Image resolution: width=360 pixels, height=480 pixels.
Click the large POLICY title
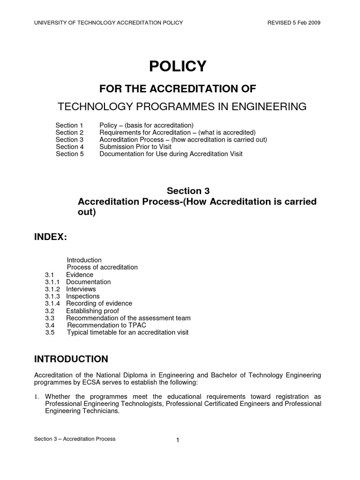(178, 67)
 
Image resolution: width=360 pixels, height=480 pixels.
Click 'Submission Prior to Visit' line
(135, 147)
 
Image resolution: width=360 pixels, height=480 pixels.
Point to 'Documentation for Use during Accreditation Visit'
(171, 154)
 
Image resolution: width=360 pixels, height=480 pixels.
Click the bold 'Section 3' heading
(188, 191)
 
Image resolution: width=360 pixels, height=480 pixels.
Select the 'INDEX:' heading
(51, 238)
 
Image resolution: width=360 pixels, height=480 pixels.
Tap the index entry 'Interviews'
(81, 289)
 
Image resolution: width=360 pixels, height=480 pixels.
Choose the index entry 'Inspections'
(82, 296)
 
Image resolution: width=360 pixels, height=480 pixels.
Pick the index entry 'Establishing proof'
(92, 311)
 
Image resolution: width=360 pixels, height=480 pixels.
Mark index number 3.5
(50, 332)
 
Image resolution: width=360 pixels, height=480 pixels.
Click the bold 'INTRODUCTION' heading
(71, 359)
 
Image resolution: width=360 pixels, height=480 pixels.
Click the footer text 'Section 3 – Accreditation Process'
(75, 439)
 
